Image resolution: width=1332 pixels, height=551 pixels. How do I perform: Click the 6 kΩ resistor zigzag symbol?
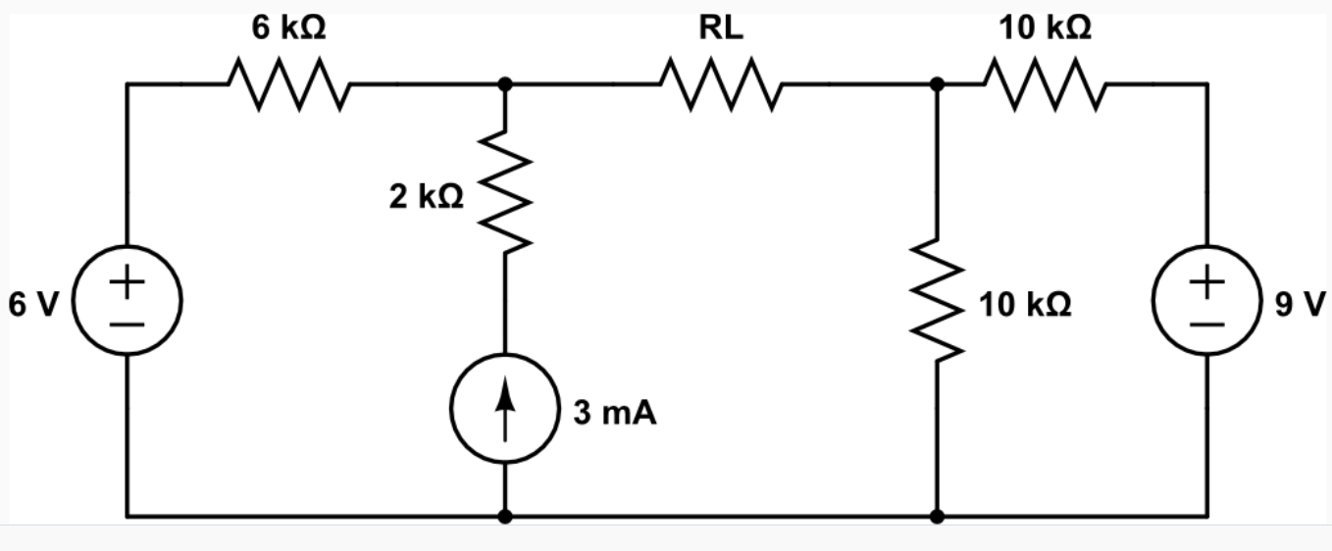288,84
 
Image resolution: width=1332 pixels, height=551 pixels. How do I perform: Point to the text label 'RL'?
721,28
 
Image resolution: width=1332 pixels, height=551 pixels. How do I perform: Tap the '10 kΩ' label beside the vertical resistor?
1024,305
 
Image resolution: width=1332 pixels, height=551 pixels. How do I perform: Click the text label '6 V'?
33,305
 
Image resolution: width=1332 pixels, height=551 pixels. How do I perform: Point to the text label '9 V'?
1300,305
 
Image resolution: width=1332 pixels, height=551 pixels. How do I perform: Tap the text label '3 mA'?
615,414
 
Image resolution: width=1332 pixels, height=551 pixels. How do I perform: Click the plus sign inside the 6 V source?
127,283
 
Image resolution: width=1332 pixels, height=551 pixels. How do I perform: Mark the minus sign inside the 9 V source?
1206,322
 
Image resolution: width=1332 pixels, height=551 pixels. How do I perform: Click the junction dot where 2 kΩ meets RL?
505,85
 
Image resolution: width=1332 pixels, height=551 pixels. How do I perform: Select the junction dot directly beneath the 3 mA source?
505,516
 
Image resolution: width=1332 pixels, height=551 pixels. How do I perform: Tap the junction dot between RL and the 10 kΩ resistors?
938,85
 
